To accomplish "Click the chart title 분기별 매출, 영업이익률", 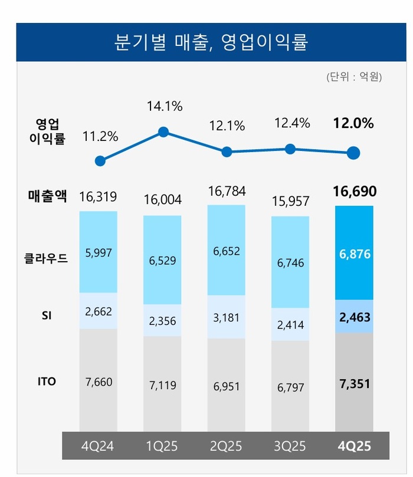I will pyautogui.click(x=211, y=42).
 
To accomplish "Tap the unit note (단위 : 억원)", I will pyautogui.click(x=353, y=77).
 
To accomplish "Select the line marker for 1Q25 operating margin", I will pyautogui.click(x=164, y=131).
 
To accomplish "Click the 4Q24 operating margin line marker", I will pyautogui.click(x=100, y=161).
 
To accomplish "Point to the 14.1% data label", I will pyautogui.click(x=164, y=107).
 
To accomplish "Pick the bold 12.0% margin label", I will pyautogui.click(x=354, y=123).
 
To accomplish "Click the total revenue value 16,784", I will pyautogui.click(x=227, y=192).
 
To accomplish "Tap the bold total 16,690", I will pyautogui.click(x=354, y=192).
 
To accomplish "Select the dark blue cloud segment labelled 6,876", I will pyautogui.click(x=354, y=252).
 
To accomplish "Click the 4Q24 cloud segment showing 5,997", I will pyautogui.click(x=99, y=252).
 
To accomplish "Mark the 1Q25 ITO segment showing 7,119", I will pyautogui.click(x=163, y=386).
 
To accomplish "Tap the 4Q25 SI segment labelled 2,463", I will pyautogui.click(x=354, y=317).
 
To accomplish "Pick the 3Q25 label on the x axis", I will pyautogui.click(x=290, y=446).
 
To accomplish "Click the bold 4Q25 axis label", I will pyautogui.click(x=354, y=446).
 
